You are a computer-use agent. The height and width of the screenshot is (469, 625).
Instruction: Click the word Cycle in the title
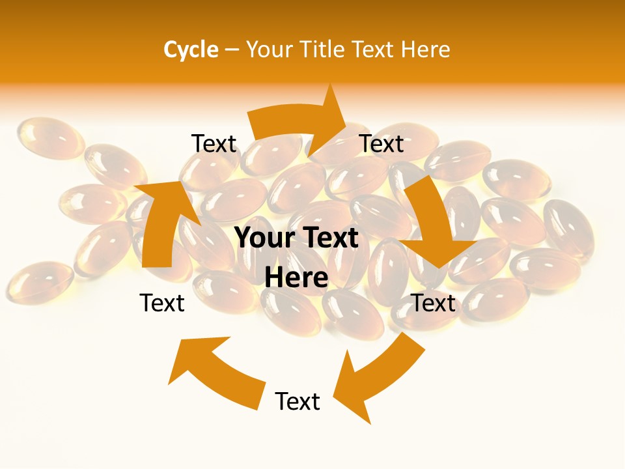(190, 50)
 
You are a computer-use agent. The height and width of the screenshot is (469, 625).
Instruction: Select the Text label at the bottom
(298, 401)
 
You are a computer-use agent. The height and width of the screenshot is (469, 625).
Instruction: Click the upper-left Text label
(214, 143)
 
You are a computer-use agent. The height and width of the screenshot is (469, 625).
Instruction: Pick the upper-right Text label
(382, 143)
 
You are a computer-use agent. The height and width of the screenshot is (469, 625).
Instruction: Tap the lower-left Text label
(162, 303)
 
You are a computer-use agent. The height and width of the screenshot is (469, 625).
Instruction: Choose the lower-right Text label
(434, 303)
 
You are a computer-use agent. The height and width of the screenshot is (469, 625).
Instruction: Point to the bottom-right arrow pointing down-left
(378, 378)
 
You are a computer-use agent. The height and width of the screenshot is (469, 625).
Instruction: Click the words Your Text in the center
(296, 238)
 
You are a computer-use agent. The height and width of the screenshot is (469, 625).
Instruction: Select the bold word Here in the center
(296, 277)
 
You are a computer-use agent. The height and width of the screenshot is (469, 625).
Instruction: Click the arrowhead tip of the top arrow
(344, 120)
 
